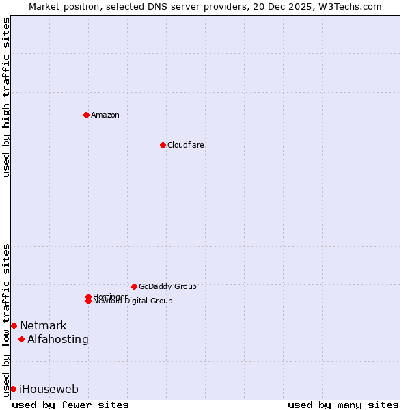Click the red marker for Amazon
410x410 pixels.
pyautogui.click(x=86, y=115)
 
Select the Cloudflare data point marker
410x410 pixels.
pyautogui.click(x=163, y=145)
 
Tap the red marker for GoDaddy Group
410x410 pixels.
pyautogui.click(x=134, y=286)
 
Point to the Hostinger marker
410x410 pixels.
pyautogui.click(x=88, y=297)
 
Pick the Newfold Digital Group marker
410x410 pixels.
pyautogui.click(x=88, y=301)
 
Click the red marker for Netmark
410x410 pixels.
pyautogui.click(x=14, y=325)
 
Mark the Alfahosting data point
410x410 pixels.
pyautogui.click(x=22, y=339)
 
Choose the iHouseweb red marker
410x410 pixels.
pyautogui.click(x=13, y=389)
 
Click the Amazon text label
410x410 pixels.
pyautogui.click(x=105, y=115)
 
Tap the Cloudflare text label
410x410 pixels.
pyautogui.click(x=186, y=145)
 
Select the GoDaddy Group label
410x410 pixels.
pyautogui.click(x=167, y=286)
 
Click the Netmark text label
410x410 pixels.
pyautogui.click(x=43, y=325)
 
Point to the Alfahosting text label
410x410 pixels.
pyautogui.click(x=58, y=339)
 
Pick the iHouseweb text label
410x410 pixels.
pyautogui.click(x=49, y=389)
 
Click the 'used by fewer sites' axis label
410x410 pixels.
pyautogui.click(x=70, y=405)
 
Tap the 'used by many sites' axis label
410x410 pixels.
pyautogui.click(x=343, y=405)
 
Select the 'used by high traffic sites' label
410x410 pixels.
pyautogui.click(x=6, y=97)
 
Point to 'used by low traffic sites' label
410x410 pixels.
pyautogui.click(x=6, y=320)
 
